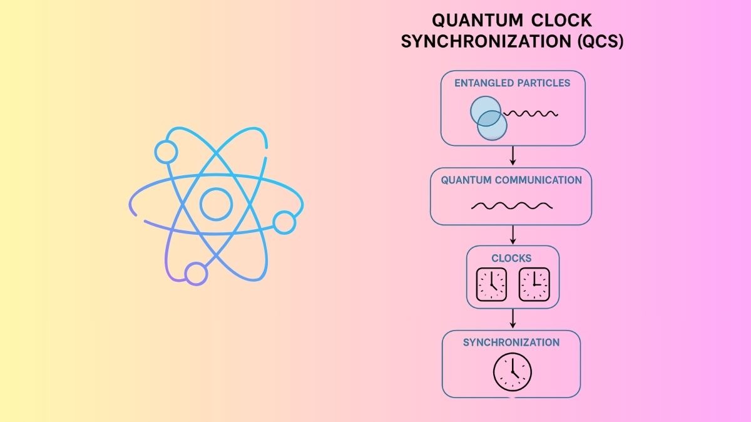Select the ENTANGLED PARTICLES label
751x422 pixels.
coord(512,83)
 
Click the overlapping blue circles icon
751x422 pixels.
coord(488,118)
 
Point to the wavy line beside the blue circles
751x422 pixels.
coord(531,113)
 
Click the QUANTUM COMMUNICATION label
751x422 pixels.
coord(511,180)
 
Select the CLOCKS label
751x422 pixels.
coord(513,258)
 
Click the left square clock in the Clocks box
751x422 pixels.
coord(491,284)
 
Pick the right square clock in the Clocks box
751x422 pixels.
coord(534,284)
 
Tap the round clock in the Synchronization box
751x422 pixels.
coord(512,371)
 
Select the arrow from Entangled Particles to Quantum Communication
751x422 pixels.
coord(513,156)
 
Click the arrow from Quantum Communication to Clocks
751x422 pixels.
coord(513,235)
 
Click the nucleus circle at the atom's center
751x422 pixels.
coord(216,203)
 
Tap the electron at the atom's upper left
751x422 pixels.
coord(166,152)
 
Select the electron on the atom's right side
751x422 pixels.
coord(284,222)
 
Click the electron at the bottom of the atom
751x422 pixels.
coord(196,274)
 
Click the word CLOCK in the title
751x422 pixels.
coord(561,21)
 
